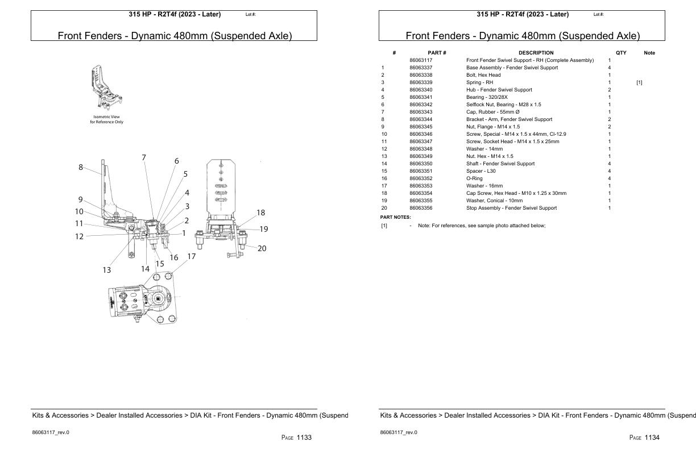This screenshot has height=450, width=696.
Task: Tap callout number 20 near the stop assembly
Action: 262,248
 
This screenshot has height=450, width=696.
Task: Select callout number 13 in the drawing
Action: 107,270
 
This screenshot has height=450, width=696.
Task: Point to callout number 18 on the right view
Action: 260,213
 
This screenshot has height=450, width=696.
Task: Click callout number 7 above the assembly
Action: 144,157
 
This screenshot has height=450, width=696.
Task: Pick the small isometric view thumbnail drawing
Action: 106,88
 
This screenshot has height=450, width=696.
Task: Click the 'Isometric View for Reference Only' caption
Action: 106,119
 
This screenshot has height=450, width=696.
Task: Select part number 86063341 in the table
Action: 421,97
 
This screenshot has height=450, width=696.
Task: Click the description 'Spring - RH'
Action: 479,82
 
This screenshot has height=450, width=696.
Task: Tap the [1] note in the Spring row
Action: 639,82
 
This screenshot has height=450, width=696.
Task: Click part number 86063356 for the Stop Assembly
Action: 421,208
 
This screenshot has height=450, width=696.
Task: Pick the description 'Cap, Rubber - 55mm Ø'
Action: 492,112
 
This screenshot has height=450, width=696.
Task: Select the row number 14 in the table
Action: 384,164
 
